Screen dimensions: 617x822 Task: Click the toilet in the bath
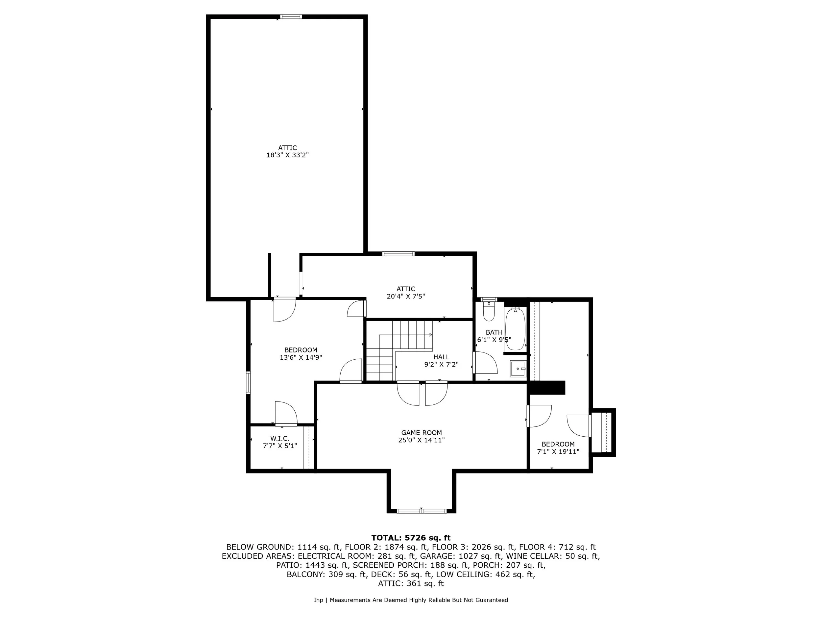pos(489,312)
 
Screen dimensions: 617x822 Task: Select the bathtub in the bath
pos(515,329)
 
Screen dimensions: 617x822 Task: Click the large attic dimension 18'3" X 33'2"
pos(288,155)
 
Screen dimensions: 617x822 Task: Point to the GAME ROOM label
pos(422,432)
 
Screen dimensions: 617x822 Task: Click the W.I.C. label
pos(280,439)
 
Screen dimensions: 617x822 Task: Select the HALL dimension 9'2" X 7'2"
pos(442,365)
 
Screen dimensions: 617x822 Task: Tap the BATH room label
pos(494,332)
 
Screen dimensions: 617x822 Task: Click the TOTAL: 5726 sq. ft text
pos(411,538)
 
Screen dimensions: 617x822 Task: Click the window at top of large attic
pos(291,17)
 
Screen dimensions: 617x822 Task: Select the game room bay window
pos(422,511)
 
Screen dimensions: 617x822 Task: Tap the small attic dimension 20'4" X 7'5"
pos(406,296)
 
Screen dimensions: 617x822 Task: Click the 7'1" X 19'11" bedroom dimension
pos(558,451)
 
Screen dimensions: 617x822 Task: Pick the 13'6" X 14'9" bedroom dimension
pos(301,357)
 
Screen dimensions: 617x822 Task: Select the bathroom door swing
pos(485,363)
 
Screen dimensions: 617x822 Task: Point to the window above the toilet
pos(489,299)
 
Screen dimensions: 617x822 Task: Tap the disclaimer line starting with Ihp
pos(411,600)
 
